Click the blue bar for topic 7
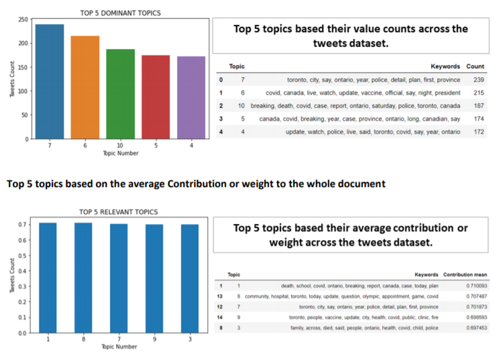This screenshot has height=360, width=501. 50,82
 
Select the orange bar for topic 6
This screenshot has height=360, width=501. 85,87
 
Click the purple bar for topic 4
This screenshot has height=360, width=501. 190,98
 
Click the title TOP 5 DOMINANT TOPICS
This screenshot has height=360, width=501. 120,13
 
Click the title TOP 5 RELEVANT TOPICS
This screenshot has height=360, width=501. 119,213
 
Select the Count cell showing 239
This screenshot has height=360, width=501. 476,79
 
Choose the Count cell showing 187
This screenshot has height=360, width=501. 476,106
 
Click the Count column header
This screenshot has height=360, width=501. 475,66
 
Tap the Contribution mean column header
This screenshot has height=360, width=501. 467,274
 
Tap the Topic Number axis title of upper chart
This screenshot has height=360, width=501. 120,154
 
